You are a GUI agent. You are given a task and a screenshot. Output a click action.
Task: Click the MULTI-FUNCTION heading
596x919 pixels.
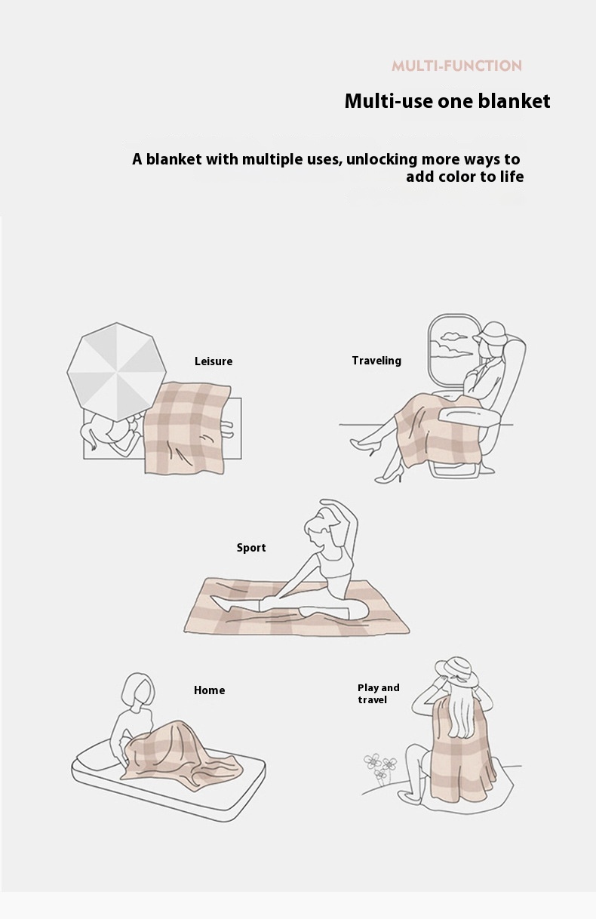(x=456, y=66)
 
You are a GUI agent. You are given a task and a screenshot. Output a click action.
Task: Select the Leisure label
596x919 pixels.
(x=214, y=361)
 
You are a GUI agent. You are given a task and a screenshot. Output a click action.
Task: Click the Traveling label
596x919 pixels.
(x=376, y=361)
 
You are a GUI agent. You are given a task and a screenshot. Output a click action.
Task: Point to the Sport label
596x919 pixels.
(x=251, y=548)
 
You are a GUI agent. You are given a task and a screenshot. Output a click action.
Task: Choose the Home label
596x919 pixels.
(x=209, y=690)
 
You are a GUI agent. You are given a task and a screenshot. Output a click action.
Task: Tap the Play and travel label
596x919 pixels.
(x=378, y=693)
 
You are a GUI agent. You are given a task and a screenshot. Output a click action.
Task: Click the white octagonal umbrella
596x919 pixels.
(x=116, y=372)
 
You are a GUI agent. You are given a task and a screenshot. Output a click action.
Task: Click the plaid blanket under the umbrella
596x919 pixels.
(x=186, y=428)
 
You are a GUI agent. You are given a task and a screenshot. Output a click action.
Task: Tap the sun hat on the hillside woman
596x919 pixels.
(x=456, y=672)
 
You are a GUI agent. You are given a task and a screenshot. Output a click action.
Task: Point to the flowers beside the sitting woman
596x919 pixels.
(x=379, y=768)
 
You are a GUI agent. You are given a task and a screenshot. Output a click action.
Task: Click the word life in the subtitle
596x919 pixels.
(x=512, y=177)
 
